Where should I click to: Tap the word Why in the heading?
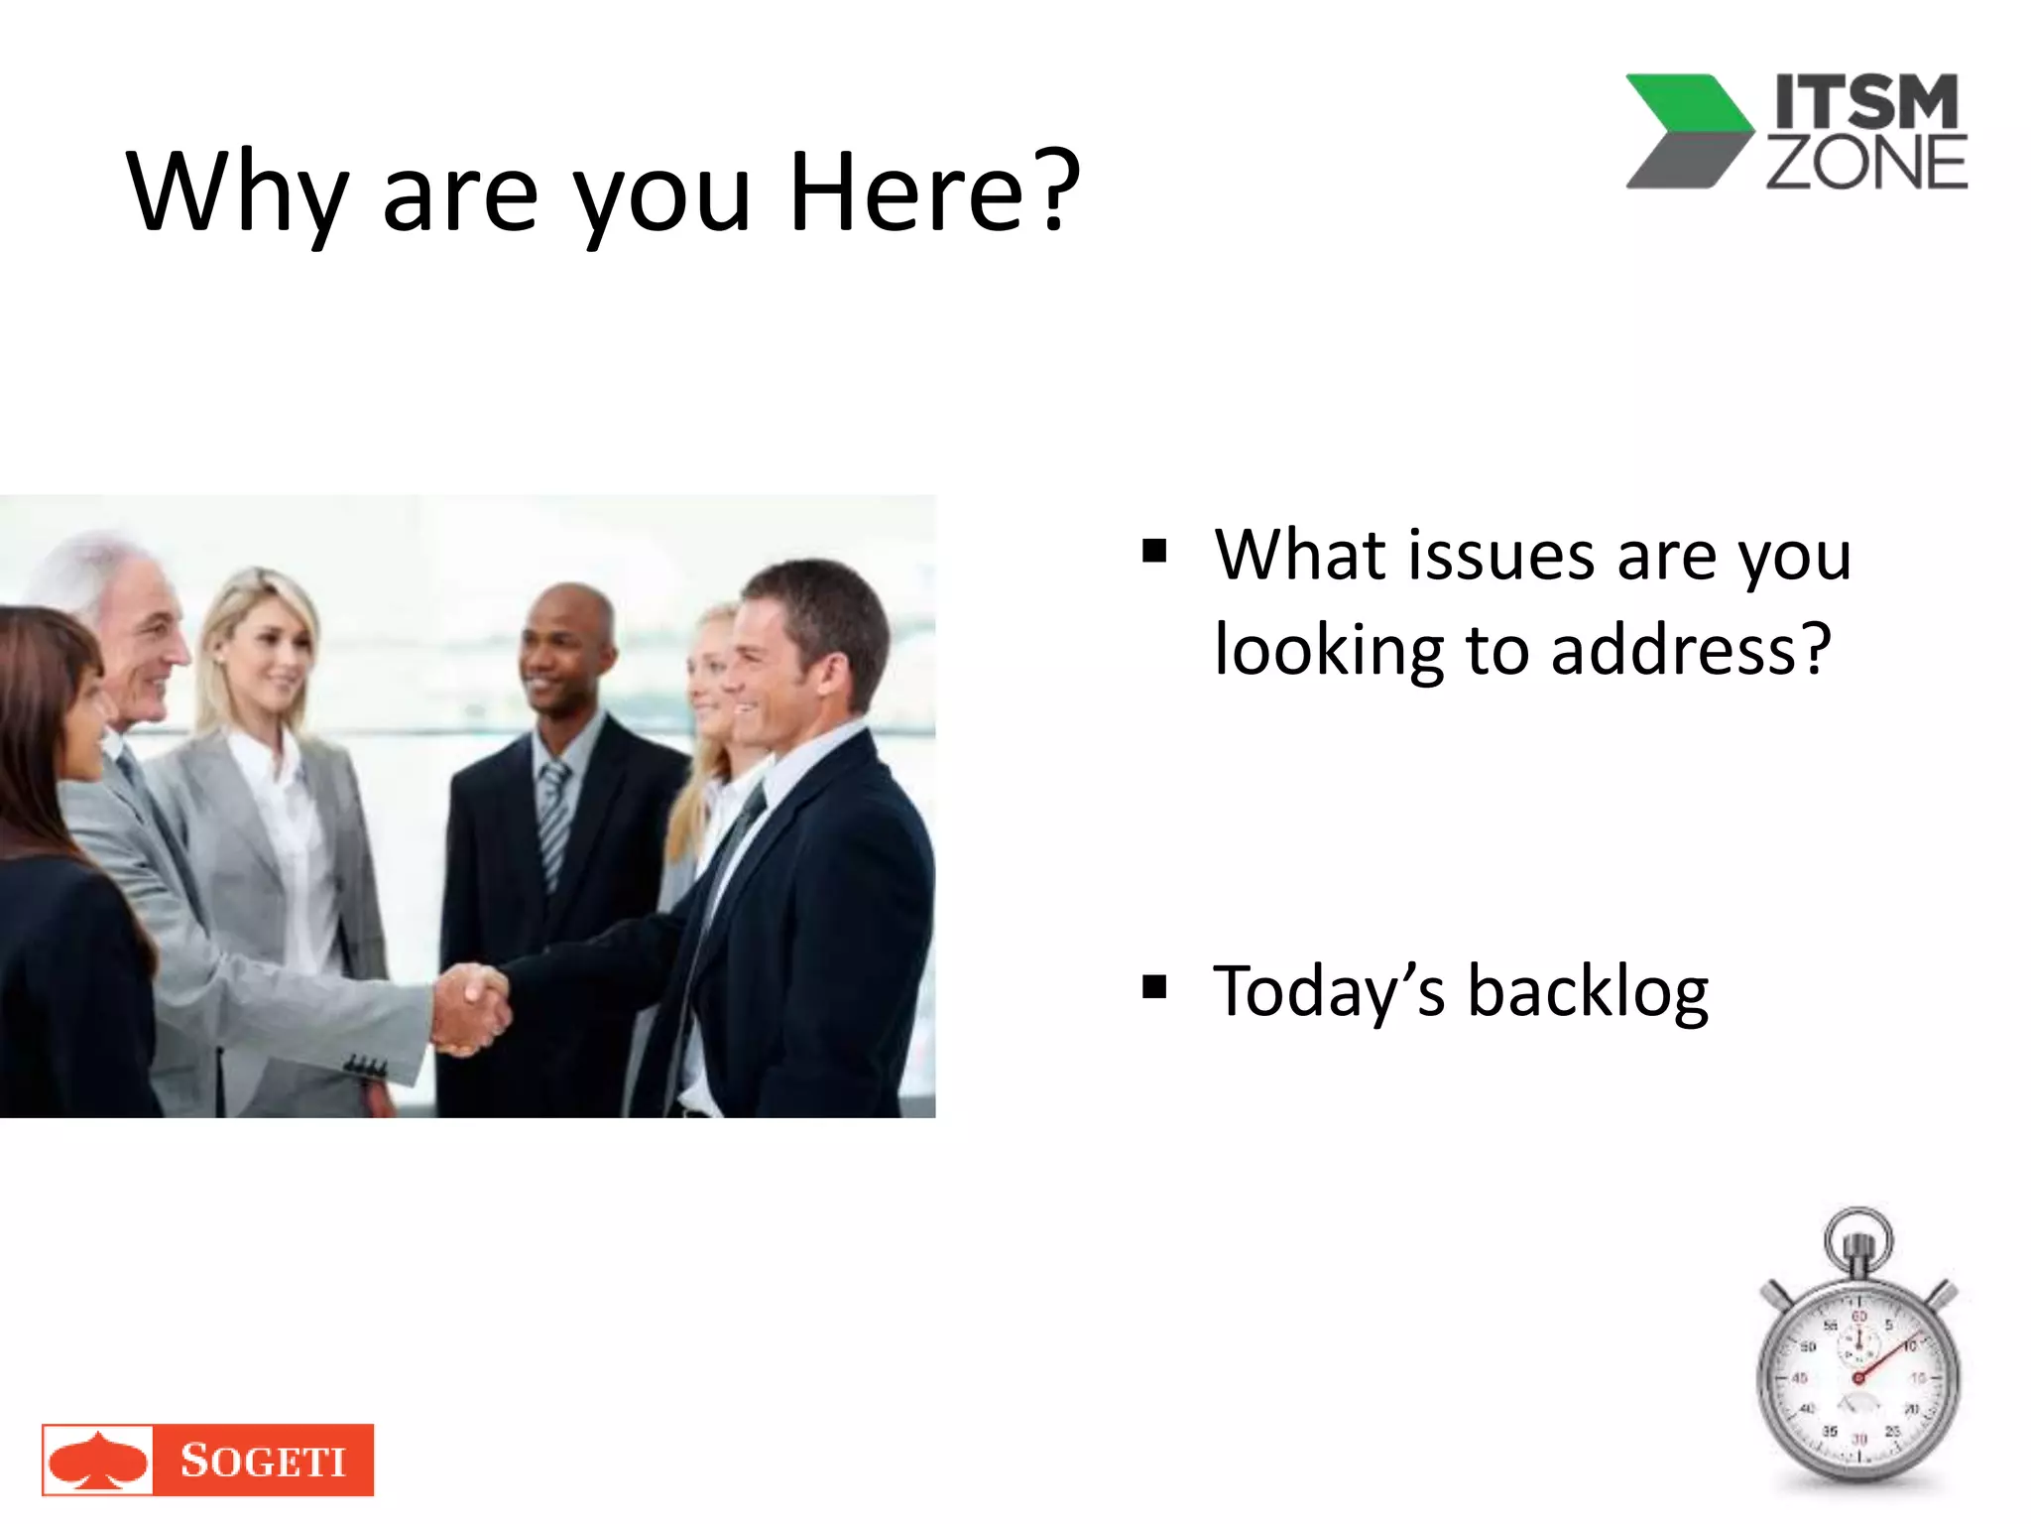point(236,193)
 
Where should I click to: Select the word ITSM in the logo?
point(1866,102)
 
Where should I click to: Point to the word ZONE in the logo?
point(1866,163)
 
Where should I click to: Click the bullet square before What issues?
point(1153,550)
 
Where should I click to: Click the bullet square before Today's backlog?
point(1153,986)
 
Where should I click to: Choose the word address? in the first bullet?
point(1690,649)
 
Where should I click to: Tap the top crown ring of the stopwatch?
point(1858,1236)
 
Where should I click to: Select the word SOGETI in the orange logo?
point(263,1460)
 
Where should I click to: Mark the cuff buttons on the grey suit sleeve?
point(365,1068)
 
